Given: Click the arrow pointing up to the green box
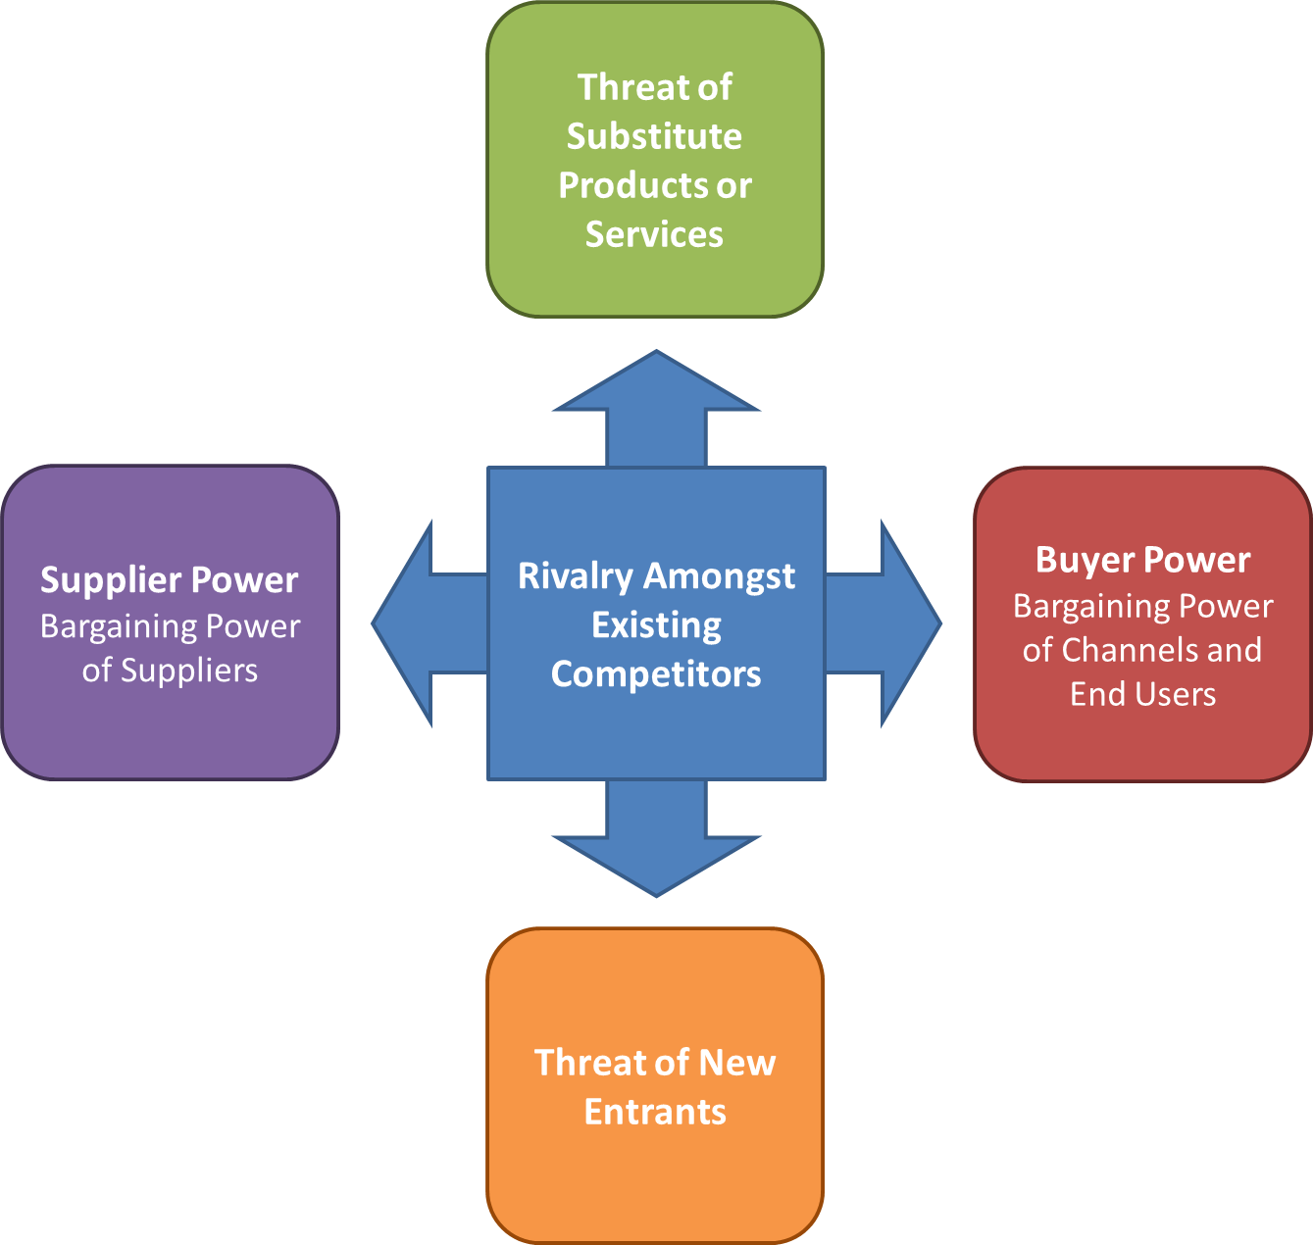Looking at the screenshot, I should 656,407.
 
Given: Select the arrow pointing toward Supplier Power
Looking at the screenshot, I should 427,623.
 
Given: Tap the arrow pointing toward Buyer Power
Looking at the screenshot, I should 885,623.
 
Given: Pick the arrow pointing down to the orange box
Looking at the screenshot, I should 656,841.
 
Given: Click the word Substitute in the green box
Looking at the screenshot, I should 654,136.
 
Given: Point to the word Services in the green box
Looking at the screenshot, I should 654,234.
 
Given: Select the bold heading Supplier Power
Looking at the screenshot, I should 169,580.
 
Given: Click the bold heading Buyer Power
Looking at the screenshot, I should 1142,560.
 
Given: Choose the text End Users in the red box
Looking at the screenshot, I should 1142,694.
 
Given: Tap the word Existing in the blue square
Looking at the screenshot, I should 656,624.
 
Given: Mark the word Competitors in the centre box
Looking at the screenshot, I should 656,673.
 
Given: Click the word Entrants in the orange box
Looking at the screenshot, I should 655,1112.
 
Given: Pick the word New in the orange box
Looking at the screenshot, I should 737,1063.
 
